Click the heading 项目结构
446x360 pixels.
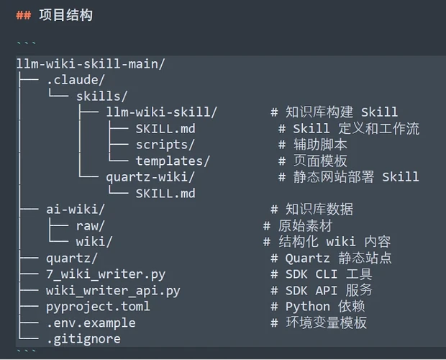pyautogui.click(x=65, y=15)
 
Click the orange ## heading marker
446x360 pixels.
pyautogui.click(x=24, y=15)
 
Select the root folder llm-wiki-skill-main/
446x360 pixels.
pyautogui.click(x=91, y=64)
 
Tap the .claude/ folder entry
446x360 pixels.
pyautogui.click(x=76, y=80)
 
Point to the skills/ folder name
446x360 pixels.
pyautogui.click(x=102, y=96)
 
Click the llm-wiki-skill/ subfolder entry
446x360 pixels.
pyautogui.click(x=162, y=112)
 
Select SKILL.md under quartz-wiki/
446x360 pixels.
pyautogui.click(x=165, y=194)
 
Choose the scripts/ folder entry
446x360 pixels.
pyautogui.click(x=165, y=145)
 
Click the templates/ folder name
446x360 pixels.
pyautogui.click(x=173, y=161)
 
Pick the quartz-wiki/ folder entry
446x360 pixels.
pyautogui.click(x=150, y=177)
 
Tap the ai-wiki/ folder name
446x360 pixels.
pyautogui.click(x=76, y=210)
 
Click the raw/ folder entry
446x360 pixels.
pyautogui.click(x=91, y=226)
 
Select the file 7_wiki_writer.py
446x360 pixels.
pyautogui.click(x=106, y=274)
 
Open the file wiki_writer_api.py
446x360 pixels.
pyautogui.click(x=113, y=291)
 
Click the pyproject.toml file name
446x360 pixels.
pyautogui.click(x=98, y=307)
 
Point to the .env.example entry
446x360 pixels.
pyautogui.click(x=91, y=323)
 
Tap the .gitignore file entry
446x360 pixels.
pyautogui.click(x=83, y=339)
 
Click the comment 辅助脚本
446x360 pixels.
pyautogui.click(x=320, y=145)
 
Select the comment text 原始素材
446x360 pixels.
pyautogui.click(x=306, y=226)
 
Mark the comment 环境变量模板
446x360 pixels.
pyautogui.click(x=327, y=323)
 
